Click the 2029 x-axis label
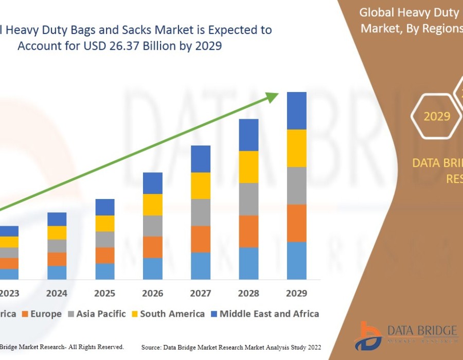pyautogui.click(x=296, y=293)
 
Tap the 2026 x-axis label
pyautogui.click(x=153, y=293)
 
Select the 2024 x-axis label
pyautogui.click(x=57, y=293)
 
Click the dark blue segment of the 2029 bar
pyautogui.click(x=296, y=111)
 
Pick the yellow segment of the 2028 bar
pyautogui.click(x=248, y=167)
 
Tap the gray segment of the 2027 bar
pyautogui.click(x=201, y=212)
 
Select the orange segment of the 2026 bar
pyautogui.click(x=153, y=247)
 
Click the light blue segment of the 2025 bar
pyautogui.click(x=105, y=271)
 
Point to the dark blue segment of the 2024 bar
pyautogui.click(x=57, y=219)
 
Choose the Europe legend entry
pyautogui.click(x=42, y=314)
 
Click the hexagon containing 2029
pyautogui.click(x=437, y=117)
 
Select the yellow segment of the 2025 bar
pyautogui.click(x=105, y=223)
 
